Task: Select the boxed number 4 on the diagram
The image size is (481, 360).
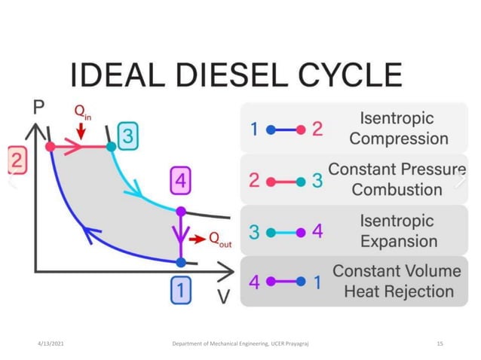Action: pyautogui.click(x=181, y=182)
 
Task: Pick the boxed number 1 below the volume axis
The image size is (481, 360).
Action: pyautogui.click(x=181, y=289)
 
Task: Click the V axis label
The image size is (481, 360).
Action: pyautogui.click(x=224, y=296)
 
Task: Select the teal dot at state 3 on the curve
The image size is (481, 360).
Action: pyautogui.click(x=111, y=147)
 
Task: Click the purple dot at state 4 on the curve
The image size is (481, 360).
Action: pyautogui.click(x=181, y=212)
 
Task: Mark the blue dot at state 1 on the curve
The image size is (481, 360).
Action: pyautogui.click(x=181, y=262)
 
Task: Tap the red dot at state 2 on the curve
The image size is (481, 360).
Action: pyautogui.click(x=51, y=147)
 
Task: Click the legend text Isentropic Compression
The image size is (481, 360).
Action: pyautogui.click(x=398, y=129)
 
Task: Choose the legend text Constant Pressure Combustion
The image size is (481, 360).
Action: pyautogui.click(x=397, y=179)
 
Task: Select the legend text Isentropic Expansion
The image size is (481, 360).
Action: pyautogui.click(x=398, y=230)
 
